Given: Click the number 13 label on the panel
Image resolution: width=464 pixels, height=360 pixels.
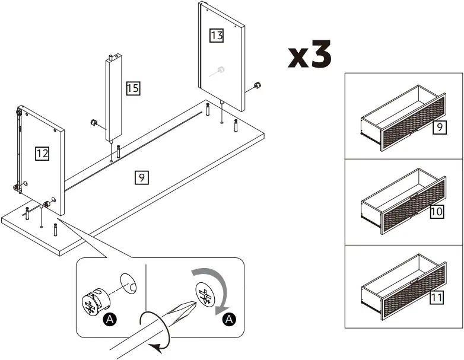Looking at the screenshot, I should tap(217, 36).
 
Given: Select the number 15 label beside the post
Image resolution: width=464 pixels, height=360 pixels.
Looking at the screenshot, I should tap(133, 89).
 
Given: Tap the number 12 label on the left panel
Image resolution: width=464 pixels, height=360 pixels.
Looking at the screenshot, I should tap(42, 154).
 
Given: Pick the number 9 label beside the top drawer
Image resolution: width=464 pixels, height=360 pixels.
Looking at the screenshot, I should tap(439, 127).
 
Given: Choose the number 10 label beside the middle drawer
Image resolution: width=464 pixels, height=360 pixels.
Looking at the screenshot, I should tap(437, 212).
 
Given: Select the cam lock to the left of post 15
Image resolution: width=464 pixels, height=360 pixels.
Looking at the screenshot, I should tap(93, 122).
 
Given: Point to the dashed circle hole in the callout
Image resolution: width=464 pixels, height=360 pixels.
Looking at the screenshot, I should tap(129, 282).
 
